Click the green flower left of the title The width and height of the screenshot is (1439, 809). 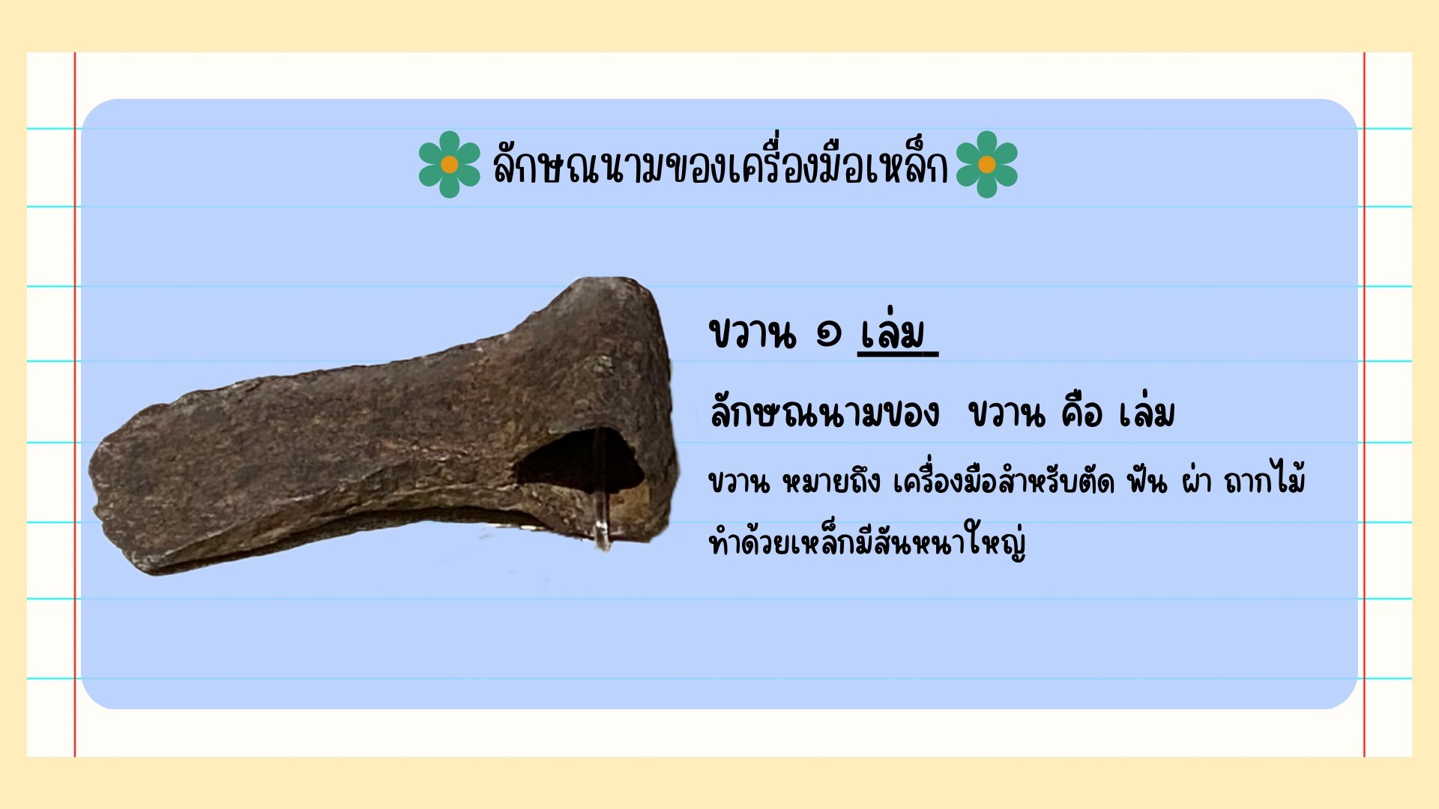(449, 164)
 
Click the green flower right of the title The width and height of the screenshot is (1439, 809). (987, 164)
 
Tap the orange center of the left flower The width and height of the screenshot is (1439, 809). (449, 164)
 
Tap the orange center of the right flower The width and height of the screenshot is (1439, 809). (987, 164)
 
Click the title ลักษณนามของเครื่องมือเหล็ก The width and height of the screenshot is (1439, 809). (719, 165)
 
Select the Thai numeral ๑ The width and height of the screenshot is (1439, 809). (828, 334)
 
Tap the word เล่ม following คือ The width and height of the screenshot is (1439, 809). (1147, 412)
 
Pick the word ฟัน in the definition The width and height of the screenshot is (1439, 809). (1147, 481)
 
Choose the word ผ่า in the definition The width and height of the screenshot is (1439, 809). (1196, 481)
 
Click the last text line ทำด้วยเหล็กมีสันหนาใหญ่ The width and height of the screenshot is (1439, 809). (867, 541)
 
